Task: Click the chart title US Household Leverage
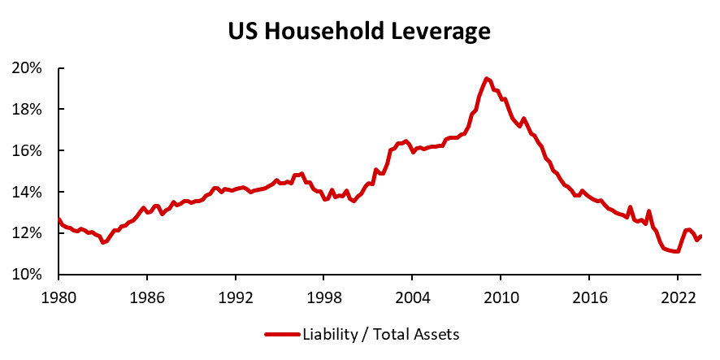pyautogui.click(x=359, y=32)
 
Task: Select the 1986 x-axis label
pyautogui.click(x=146, y=297)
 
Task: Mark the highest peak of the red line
pyautogui.click(x=486, y=79)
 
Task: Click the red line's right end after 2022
pyautogui.click(x=701, y=236)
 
